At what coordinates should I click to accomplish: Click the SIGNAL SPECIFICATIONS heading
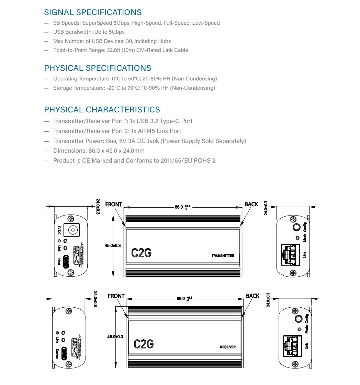pos(93,12)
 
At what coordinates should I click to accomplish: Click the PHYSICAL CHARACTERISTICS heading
pos(102,110)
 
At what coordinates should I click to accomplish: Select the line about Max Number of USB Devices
pos(112,41)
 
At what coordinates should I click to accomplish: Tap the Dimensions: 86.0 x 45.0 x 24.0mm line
pos(99,151)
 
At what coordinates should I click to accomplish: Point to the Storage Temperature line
pos(134,88)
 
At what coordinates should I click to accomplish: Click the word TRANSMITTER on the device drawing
pos(223,256)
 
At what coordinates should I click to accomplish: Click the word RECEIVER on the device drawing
pos(228,347)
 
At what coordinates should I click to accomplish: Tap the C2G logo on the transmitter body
pos(141,253)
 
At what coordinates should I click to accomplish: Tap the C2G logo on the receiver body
pos(144,344)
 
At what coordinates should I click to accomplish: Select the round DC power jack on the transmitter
pos(72,230)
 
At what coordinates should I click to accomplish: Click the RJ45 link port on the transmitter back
pos(290,255)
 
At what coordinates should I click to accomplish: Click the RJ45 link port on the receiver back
pos(293,346)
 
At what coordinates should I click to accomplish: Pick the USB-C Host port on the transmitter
pos(66,262)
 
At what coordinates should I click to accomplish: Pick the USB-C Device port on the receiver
pos(64,353)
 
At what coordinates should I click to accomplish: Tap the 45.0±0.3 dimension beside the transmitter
pos(113,245)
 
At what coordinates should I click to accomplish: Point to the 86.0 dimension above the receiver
pos(184,299)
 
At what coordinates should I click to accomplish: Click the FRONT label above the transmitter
pos(114,204)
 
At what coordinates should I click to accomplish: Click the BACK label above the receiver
pos(253,296)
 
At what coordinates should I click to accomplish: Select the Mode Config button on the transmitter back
pos(297,227)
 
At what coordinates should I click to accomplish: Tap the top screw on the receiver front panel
pos(69,311)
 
